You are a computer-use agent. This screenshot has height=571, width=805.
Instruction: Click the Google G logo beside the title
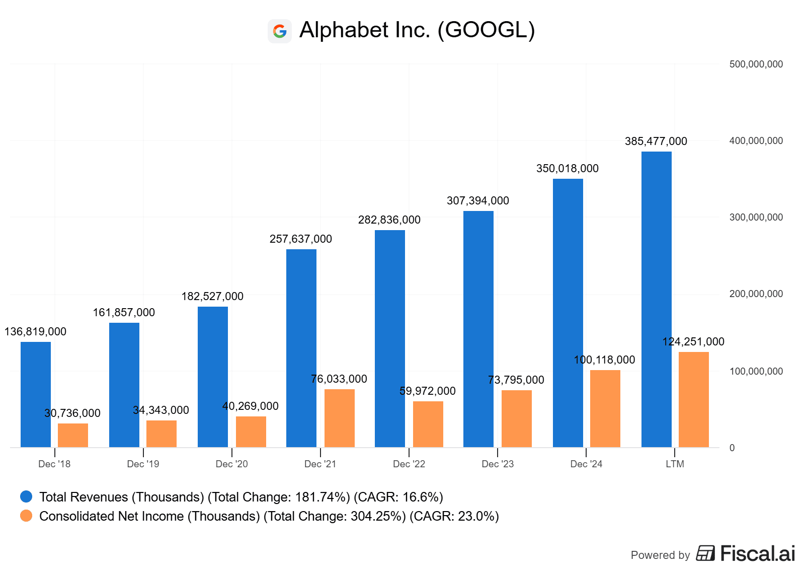point(280,31)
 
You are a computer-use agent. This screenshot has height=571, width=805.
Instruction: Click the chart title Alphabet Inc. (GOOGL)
point(417,30)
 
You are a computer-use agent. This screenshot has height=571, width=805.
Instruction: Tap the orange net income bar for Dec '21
point(340,418)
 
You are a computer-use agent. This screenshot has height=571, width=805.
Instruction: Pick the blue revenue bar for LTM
point(657,299)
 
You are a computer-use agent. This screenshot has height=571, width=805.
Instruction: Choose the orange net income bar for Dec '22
point(428,424)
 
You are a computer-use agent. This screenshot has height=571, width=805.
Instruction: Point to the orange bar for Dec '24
point(605,408)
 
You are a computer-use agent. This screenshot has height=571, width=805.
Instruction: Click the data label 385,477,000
point(656,141)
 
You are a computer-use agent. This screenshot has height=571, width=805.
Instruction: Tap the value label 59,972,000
point(428,391)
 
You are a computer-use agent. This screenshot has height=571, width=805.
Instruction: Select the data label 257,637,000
point(301,239)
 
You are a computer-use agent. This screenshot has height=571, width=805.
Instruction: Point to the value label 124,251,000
point(693,342)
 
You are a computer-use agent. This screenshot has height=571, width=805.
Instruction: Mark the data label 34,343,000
point(161,410)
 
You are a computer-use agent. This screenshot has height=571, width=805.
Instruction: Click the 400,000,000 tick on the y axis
point(756,141)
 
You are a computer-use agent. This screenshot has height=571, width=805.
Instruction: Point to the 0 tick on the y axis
point(732,448)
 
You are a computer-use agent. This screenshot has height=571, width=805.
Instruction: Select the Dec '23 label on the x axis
point(498,464)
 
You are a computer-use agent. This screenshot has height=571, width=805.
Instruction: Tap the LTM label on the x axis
point(675,464)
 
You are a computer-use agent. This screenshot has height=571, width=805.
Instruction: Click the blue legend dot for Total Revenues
point(26,497)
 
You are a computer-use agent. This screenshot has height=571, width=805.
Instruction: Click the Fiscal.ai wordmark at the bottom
point(757,554)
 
